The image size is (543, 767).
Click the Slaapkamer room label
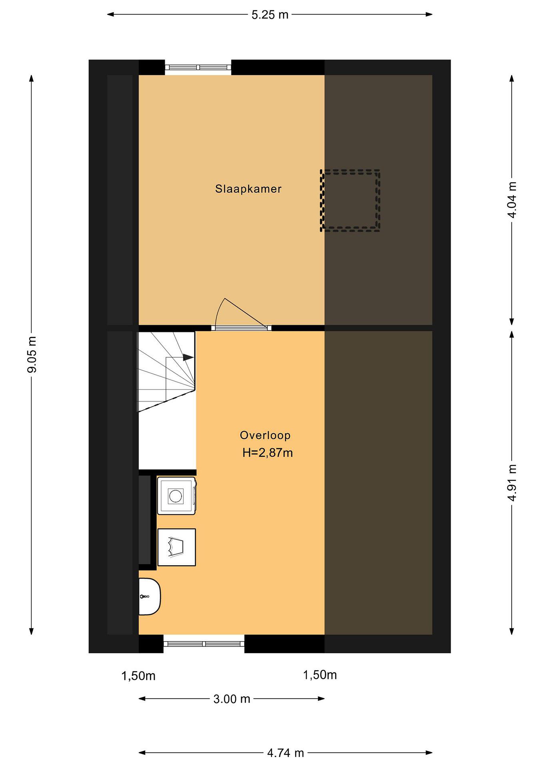point(248,189)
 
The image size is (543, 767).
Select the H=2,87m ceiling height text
point(267,453)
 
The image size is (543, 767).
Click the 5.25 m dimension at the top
point(270,15)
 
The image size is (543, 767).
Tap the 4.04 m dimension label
point(512,200)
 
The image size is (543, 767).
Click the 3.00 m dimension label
point(232,699)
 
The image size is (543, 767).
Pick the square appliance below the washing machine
point(176,547)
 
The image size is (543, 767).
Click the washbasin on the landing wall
point(150,597)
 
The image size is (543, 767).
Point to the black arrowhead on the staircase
point(188,358)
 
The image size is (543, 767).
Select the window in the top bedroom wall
point(198,67)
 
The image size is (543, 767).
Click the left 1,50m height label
point(138,676)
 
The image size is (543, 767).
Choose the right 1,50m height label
point(320,675)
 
